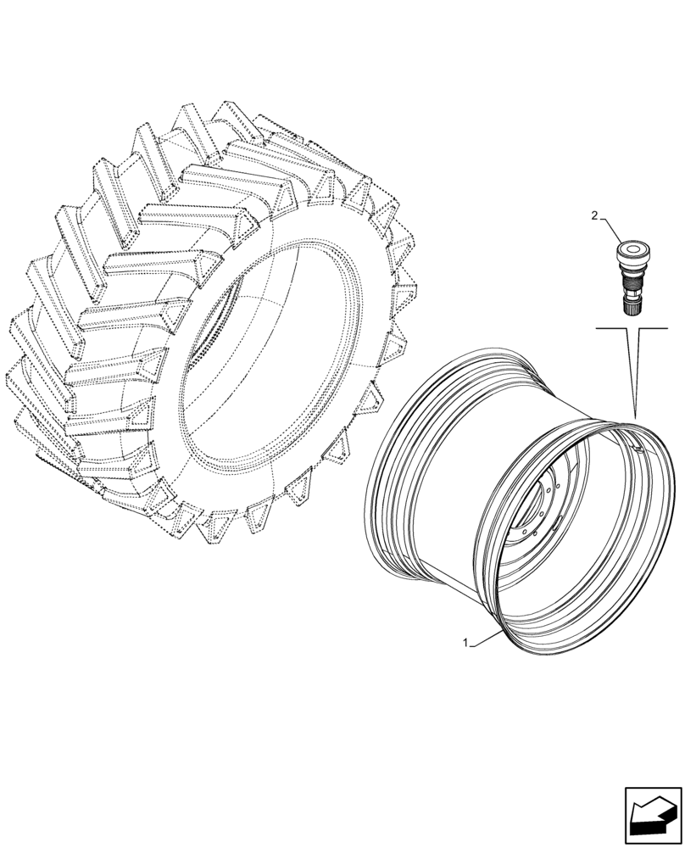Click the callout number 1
465,644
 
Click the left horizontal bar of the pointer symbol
612,326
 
